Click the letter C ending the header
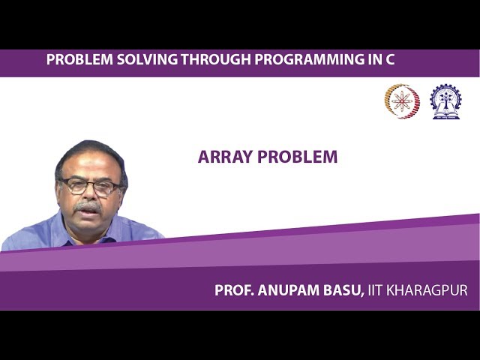[x=389, y=60]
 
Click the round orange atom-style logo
[x=402, y=101]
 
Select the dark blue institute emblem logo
[x=445, y=101]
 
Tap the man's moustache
[x=88, y=205]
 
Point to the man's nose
[x=88, y=195]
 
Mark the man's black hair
[x=90, y=152]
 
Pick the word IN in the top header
[x=372, y=60]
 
